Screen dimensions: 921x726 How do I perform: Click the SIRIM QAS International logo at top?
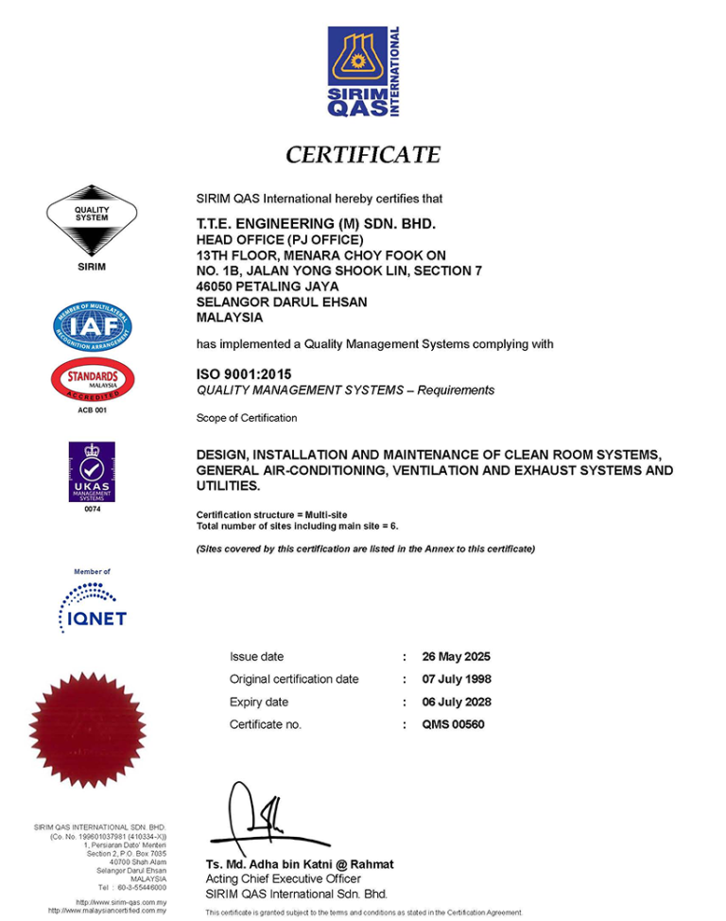pyautogui.click(x=363, y=72)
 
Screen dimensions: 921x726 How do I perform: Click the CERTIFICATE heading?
pyautogui.click(x=363, y=154)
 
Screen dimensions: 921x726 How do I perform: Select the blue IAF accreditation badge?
pyautogui.click(x=92, y=327)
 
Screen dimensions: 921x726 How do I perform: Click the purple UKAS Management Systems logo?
pyautogui.click(x=92, y=471)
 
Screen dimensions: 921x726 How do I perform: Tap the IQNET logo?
pyautogui.click(x=92, y=607)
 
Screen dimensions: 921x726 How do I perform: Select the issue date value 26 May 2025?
pyautogui.click(x=456, y=656)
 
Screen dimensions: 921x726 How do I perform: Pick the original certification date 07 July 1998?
pyautogui.click(x=457, y=679)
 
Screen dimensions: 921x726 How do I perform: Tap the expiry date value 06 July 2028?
pyautogui.click(x=457, y=702)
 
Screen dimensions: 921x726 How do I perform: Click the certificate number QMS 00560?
pyautogui.click(x=453, y=724)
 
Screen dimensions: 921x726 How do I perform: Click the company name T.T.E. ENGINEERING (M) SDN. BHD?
pyautogui.click(x=315, y=224)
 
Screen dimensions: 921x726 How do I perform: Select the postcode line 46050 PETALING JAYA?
pyautogui.click(x=267, y=286)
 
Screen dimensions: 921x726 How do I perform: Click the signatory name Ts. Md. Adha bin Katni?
pyautogui.click(x=300, y=864)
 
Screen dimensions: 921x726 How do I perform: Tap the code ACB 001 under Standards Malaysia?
pyautogui.click(x=92, y=409)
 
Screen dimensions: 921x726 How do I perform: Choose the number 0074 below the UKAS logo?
pyautogui.click(x=92, y=509)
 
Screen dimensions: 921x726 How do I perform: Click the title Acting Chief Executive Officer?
pyautogui.click(x=283, y=878)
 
